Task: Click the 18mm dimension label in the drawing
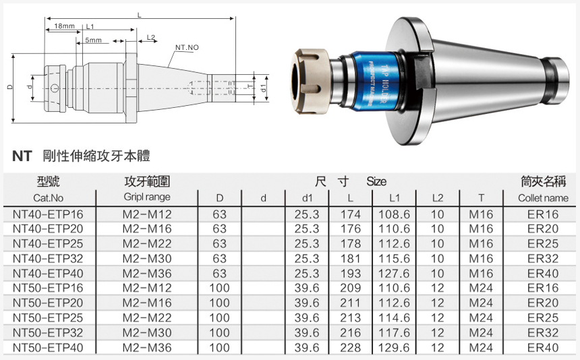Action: pyautogui.click(x=64, y=26)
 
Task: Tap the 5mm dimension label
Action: pyautogui.click(x=93, y=40)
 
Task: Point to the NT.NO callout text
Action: pyautogui.click(x=187, y=47)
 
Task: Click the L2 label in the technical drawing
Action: pyautogui.click(x=151, y=37)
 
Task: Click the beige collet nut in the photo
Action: pyautogui.click(x=310, y=81)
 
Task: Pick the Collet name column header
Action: pyautogui.click(x=543, y=198)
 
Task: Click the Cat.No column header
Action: pyautogui.click(x=48, y=198)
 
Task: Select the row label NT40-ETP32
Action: pyautogui.click(x=48, y=259)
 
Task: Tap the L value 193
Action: pyautogui.click(x=350, y=274)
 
